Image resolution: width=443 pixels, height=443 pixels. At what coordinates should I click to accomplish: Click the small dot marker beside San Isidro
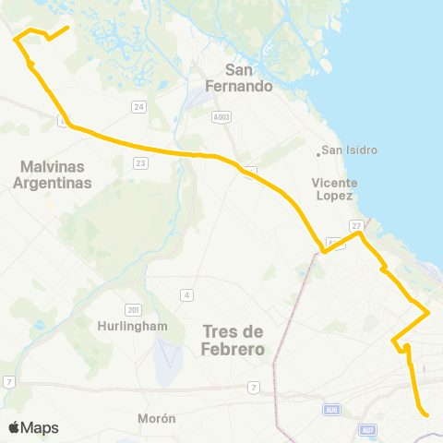[318, 151]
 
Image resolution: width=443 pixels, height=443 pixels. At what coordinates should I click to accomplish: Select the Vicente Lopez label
[333, 189]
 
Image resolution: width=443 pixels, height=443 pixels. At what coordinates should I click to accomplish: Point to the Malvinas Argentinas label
[53, 174]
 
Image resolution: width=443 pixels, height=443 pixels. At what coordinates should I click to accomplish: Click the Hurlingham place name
[132, 326]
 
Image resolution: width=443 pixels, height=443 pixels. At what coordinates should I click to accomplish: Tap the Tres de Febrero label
[232, 341]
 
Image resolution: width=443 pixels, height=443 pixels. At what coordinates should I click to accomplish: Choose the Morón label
[156, 418]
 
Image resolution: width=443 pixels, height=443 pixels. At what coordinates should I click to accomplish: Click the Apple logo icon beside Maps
[15, 426]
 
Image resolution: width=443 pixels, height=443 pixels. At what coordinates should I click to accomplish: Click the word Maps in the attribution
[40, 427]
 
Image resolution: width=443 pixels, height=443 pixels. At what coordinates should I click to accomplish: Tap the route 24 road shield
[139, 107]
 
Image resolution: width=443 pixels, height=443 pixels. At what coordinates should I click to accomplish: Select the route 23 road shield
[140, 163]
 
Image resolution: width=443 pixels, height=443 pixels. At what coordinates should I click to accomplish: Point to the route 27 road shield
[357, 225]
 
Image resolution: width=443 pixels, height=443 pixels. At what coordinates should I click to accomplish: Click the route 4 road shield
[186, 294]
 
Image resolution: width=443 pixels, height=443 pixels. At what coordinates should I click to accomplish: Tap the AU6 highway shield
[331, 409]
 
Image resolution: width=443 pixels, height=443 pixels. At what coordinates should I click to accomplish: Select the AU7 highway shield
[369, 429]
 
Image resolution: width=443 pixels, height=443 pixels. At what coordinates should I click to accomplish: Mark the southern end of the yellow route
[427, 415]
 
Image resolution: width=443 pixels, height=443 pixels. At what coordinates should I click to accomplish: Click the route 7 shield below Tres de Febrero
[252, 387]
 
